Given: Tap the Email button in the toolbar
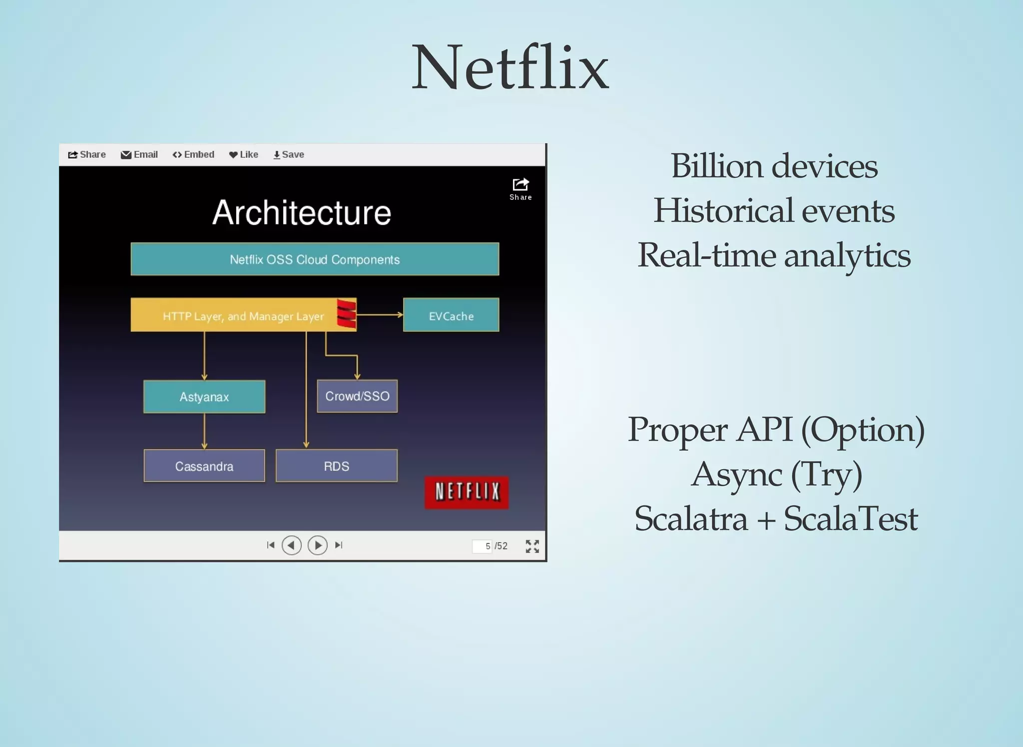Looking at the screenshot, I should click(139, 155).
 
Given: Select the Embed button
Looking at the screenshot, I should click(193, 155).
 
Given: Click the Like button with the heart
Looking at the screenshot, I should click(244, 155).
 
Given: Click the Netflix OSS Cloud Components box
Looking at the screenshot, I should click(315, 259).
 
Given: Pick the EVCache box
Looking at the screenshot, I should click(451, 315).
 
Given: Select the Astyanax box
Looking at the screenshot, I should click(204, 397).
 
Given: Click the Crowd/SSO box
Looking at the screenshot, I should click(357, 396).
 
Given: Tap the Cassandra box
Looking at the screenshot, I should click(204, 466).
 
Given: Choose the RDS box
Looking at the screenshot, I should click(336, 466).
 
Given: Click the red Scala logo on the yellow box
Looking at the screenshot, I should click(346, 314).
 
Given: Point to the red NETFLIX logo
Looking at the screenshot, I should click(467, 492).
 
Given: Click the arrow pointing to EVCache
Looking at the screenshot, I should click(380, 315).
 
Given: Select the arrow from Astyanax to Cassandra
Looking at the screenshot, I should click(204, 431).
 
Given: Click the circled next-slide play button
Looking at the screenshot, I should click(318, 545).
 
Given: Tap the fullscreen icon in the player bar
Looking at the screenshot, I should click(532, 546).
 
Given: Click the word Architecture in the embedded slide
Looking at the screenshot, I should click(302, 213).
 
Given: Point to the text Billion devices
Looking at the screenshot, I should click(774, 166).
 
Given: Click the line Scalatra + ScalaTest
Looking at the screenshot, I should click(776, 519).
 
